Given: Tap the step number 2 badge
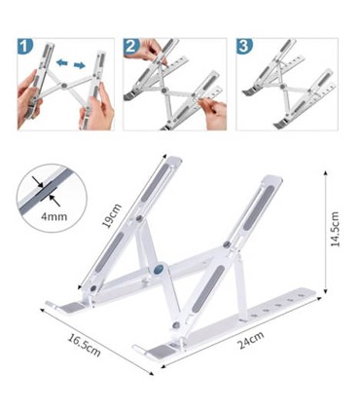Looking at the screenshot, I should point(131,46).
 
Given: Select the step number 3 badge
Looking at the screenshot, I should point(245,46).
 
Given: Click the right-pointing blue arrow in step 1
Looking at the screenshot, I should point(78,65).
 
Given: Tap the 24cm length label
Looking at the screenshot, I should point(251,341).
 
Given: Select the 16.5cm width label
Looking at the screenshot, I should point(85,346).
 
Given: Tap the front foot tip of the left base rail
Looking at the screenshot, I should point(50,310).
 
